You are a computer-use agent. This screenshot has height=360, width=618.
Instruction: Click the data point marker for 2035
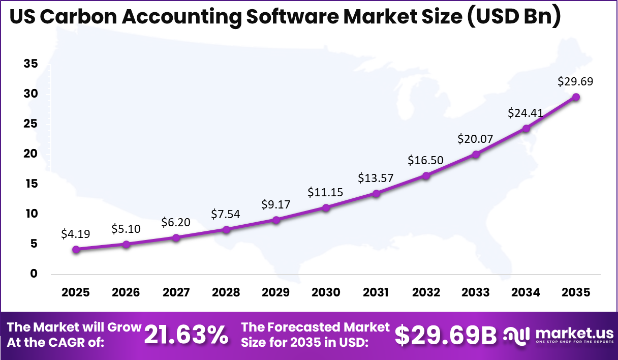(x=576, y=97)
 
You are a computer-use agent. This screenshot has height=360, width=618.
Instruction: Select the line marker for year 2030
(x=326, y=207)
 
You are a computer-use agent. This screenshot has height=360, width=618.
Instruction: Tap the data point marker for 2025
(x=76, y=249)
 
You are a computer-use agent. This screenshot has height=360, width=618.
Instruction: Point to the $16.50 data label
(x=425, y=160)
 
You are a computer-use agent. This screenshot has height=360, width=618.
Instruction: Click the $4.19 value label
(x=76, y=234)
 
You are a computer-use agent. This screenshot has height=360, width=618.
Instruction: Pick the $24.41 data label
(x=526, y=113)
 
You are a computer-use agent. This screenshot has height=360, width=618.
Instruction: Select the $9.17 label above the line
(x=276, y=204)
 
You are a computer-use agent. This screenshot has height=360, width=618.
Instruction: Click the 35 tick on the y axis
(x=30, y=64)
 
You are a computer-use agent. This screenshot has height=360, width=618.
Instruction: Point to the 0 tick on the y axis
(x=34, y=274)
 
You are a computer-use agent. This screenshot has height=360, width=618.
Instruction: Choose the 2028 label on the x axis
(x=226, y=292)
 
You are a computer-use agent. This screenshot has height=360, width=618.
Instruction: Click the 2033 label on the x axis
(x=476, y=292)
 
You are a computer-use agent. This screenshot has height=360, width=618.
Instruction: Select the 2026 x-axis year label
(x=126, y=292)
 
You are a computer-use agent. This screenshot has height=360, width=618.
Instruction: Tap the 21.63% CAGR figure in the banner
(x=186, y=335)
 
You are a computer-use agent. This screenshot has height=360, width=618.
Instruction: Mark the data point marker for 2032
(x=426, y=175)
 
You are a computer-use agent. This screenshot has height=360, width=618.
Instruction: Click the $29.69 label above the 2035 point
(x=575, y=81)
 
